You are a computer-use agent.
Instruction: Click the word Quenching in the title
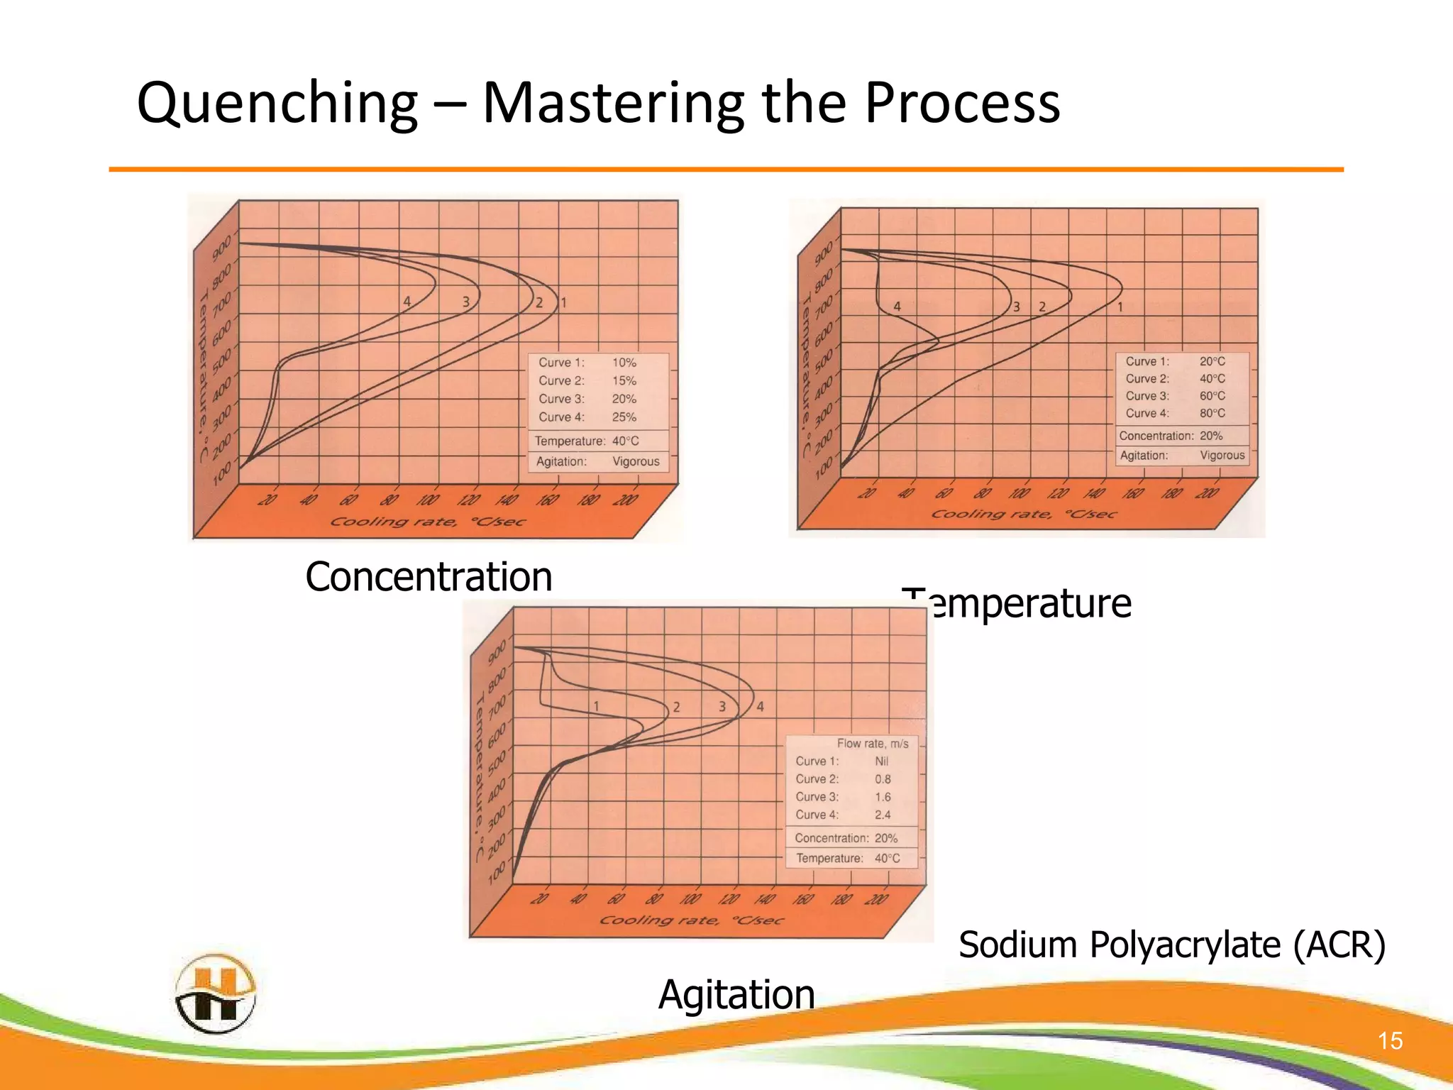click(x=277, y=104)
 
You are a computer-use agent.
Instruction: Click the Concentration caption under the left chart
click(x=429, y=576)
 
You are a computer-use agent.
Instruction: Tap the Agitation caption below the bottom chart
click(x=736, y=994)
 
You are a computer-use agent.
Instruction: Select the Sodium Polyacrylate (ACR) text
click(x=1172, y=945)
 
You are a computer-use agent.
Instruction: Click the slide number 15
click(x=1390, y=1041)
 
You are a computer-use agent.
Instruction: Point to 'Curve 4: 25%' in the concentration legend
click(x=587, y=417)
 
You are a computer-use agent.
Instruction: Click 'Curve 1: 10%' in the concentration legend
click(x=587, y=363)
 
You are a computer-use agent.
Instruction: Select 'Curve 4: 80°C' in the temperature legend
click(x=1175, y=413)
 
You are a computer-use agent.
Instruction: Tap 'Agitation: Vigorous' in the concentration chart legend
click(x=597, y=461)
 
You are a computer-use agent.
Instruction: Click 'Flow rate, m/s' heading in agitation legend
click(x=872, y=744)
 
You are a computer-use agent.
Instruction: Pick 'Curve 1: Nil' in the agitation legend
click(x=841, y=761)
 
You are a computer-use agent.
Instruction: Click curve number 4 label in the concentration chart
click(x=407, y=302)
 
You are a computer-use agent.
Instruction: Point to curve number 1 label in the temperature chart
click(x=1120, y=307)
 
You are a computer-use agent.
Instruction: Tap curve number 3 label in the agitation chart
click(x=722, y=707)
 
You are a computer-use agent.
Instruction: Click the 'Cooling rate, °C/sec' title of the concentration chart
click(x=428, y=522)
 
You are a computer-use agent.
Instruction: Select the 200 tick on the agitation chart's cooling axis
click(x=876, y=900)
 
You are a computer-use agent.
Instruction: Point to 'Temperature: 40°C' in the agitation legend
click(x=848, y=859)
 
